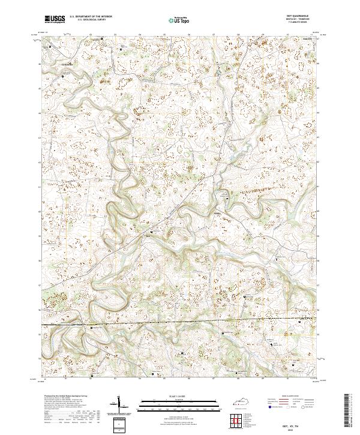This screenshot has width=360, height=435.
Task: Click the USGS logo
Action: point(55,19)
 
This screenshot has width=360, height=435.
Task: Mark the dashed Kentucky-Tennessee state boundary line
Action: point(180,325)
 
